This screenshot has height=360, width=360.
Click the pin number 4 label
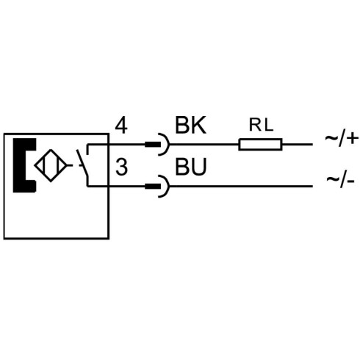121,126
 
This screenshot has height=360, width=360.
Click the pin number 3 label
121,168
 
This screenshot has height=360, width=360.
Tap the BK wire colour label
190,125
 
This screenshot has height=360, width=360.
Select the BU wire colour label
191,167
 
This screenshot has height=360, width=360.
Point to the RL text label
261,125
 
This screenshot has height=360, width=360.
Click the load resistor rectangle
260,144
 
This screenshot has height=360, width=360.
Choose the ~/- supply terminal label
340,181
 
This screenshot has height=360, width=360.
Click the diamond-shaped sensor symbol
51,165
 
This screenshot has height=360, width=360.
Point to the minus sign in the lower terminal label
350,181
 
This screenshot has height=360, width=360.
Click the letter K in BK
198,125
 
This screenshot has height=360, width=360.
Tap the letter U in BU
199,167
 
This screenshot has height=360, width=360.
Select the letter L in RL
268,125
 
